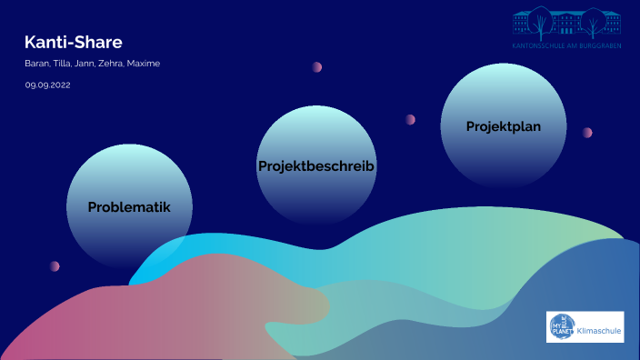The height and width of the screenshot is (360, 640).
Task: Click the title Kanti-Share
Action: pyautogui.click(x=73, y=42)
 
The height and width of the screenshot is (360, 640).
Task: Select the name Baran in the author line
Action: pyautogui.click(x=36, y=64)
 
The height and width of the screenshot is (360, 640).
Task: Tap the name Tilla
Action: pyautogui.click(x=63, y=64)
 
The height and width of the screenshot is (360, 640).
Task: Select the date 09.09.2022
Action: pyautogui.click(x=47, y=85)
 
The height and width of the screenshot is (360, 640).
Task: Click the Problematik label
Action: pyautogui.click(x=129, y=206)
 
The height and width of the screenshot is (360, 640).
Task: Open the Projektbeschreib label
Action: pyautogui.click(x=316, y=166)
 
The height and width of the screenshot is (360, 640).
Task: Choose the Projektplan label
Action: pyautogui.click(x=504, y=126)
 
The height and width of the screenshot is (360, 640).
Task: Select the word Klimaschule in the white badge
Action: pyautogui.click(x=599, y=332)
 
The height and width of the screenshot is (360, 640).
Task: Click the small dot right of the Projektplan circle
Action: pyautogui.click(x=587, y=133)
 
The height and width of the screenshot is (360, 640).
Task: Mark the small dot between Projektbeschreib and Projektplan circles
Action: pyautogui.click(x=411, y=119)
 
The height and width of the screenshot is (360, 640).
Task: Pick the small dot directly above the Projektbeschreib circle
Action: pyautogui.click(x=317, y=67)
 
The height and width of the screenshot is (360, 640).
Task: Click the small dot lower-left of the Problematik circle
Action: pyautogui.click(x=55, y=266)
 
